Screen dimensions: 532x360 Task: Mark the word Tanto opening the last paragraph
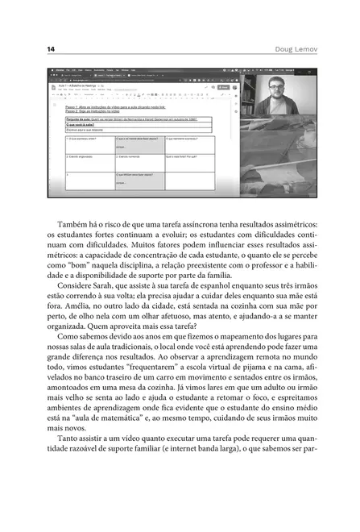click(x=68, y=448)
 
